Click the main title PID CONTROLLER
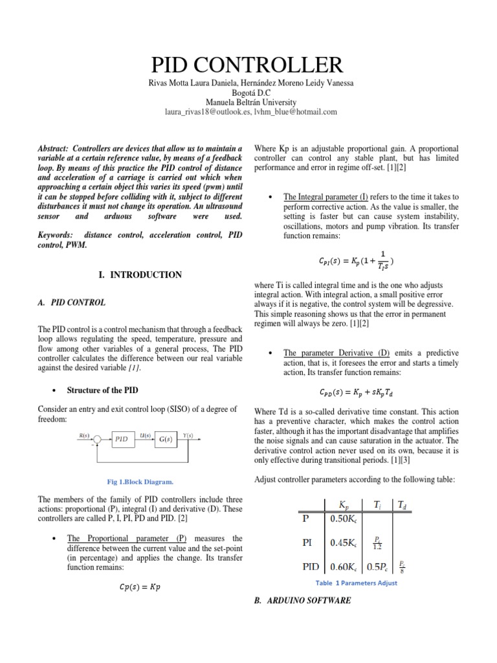click(248, 65)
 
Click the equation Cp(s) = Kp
click(140, 587)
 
